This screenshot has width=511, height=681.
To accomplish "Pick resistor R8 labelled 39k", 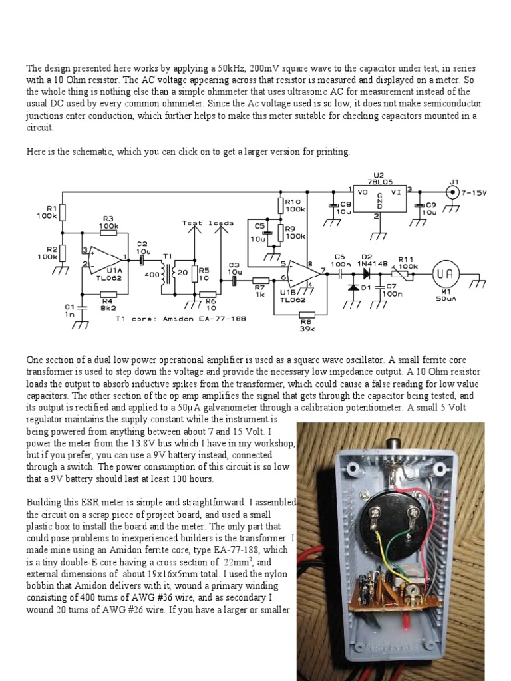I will coord(307,315).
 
